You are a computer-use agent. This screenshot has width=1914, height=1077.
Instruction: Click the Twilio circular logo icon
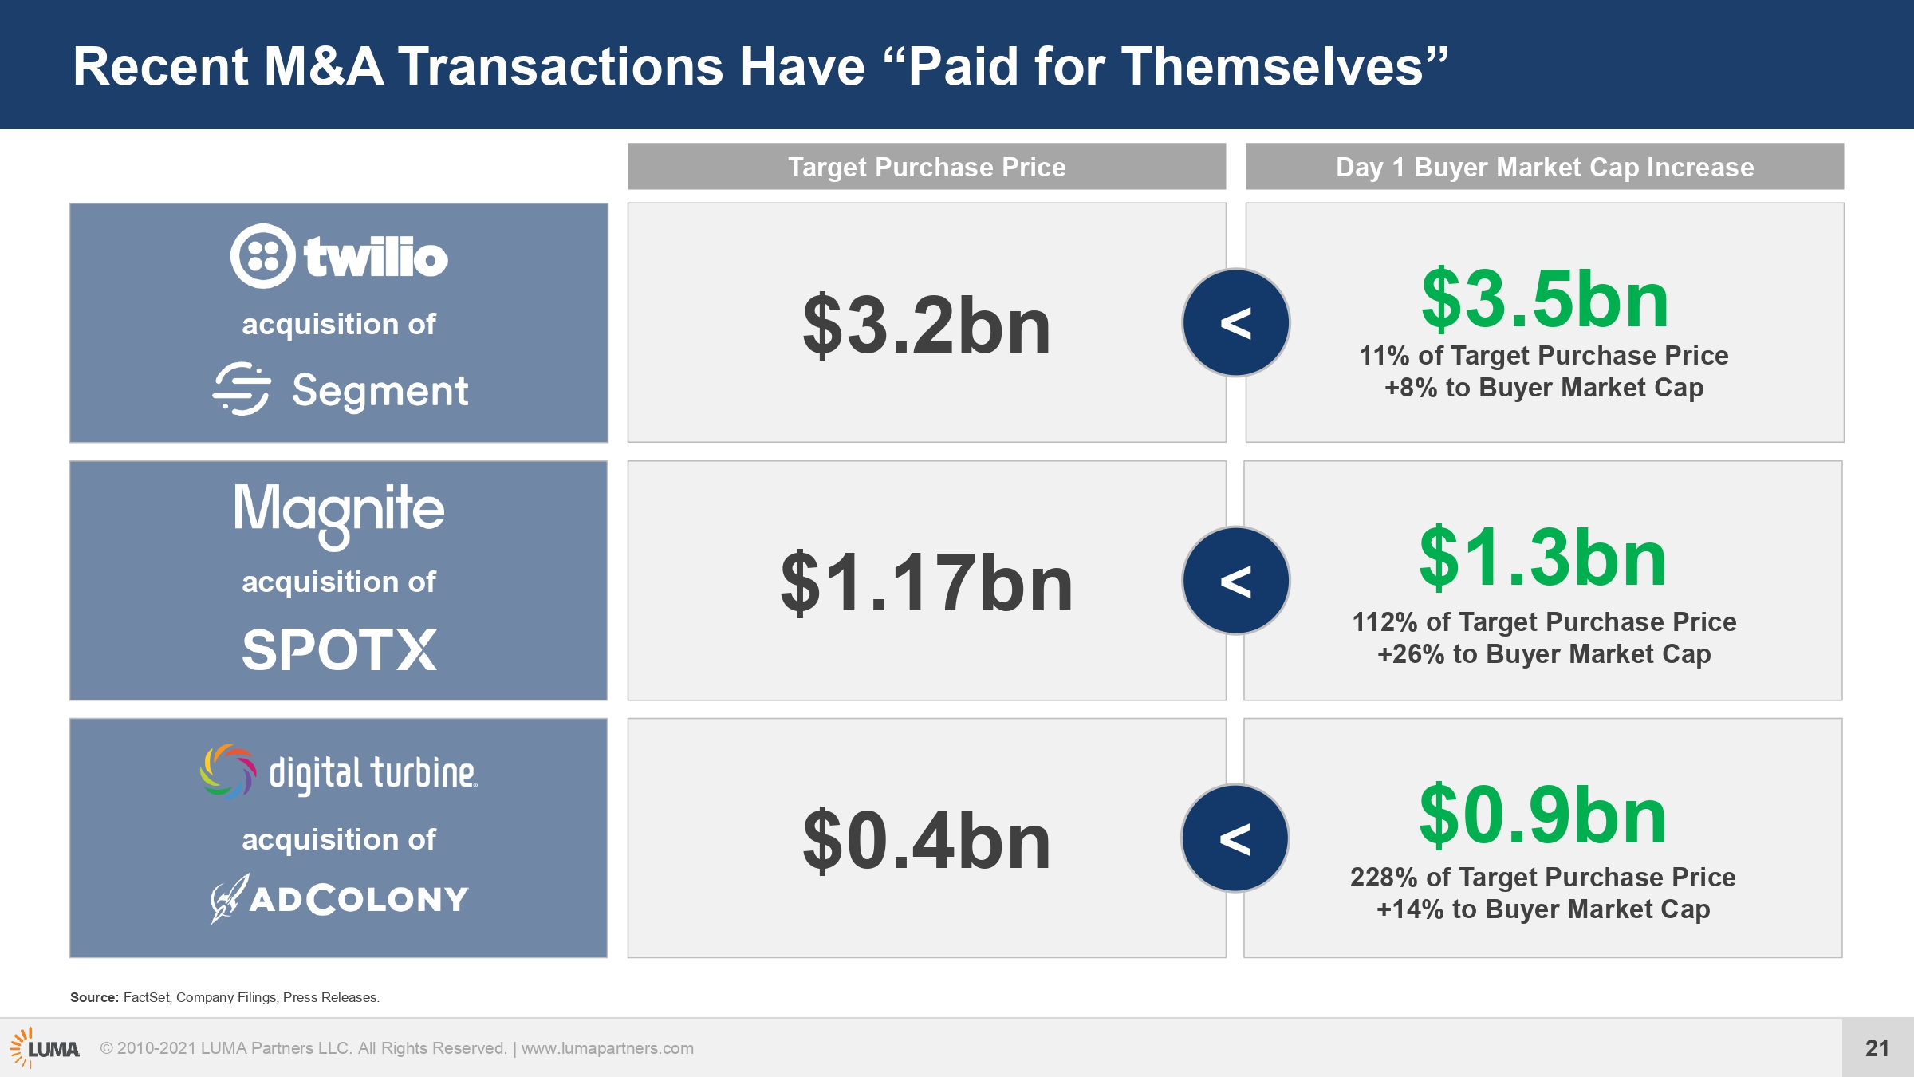pos(263,256)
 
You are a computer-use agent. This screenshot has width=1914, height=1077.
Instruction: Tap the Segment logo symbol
pos(242,389)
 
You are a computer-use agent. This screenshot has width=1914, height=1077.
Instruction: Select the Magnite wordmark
pos(339,515)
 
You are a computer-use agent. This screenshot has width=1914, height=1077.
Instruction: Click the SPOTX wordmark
pos(339,649)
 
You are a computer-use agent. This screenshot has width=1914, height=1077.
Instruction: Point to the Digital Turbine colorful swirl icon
pos(228,771)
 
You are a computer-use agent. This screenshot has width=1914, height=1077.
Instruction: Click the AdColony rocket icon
pos(229,898)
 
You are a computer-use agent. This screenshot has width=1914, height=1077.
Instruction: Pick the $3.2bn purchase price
pos(927,325)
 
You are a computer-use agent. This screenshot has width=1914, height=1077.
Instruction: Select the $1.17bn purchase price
pos(927,583)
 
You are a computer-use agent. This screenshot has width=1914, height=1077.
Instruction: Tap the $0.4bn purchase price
pos(927,840)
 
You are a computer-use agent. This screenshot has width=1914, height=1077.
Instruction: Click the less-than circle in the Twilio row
pos(1235,322)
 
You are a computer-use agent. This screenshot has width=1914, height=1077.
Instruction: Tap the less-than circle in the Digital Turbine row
pos(1235,838)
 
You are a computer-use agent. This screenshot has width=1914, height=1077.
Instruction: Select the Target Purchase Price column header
pos(927,167)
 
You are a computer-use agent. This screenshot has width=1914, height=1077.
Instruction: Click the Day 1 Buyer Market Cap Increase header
pos(1545,167)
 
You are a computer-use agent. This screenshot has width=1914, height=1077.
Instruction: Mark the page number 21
pos(1877,1048)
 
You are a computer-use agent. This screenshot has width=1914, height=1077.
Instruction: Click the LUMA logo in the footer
pos(45,1047)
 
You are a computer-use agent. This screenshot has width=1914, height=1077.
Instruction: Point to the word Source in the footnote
pos(94,997)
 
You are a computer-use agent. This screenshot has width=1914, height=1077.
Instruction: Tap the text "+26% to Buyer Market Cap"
pos(1544,654)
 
